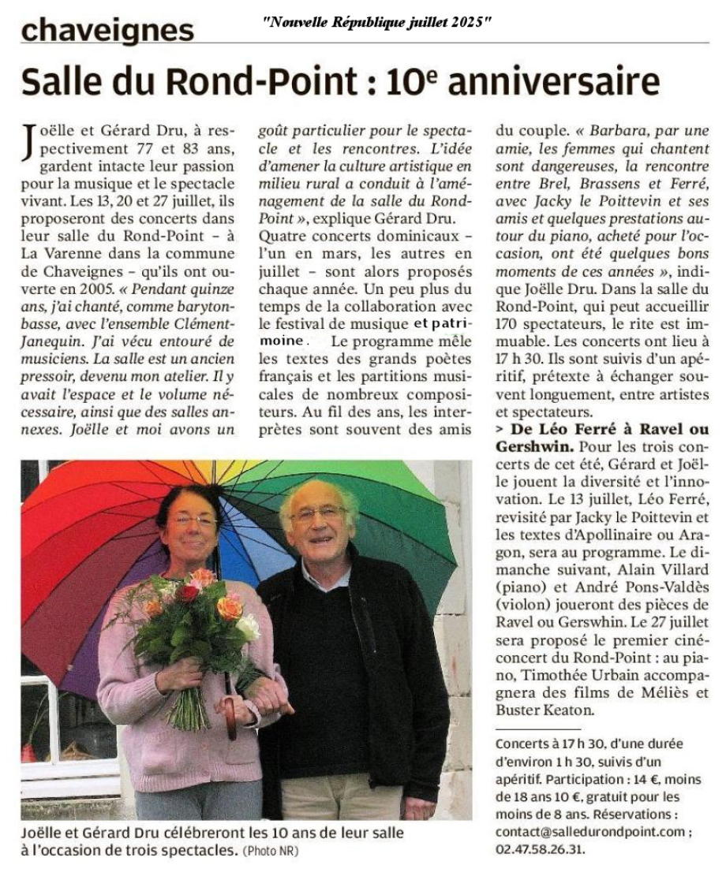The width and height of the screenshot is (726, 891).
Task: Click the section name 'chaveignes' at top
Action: click(107, 30)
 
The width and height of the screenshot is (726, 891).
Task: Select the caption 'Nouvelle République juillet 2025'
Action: click(376, 23)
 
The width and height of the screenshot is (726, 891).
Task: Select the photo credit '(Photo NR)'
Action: click(271, 851)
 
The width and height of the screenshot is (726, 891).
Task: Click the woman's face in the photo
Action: click(191, 525)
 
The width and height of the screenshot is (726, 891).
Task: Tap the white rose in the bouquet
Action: click(248, 627)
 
